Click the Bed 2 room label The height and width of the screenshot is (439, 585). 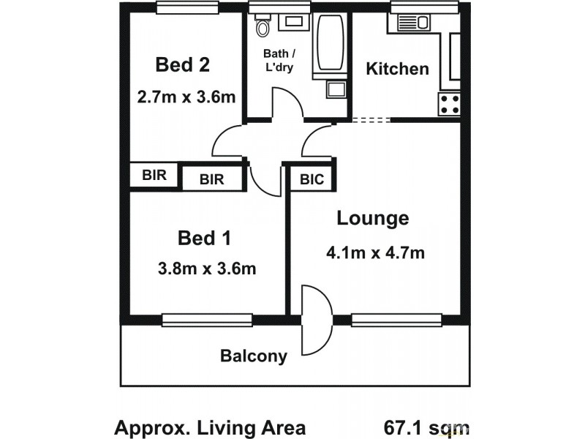pyautogui.click(x=183, y=65)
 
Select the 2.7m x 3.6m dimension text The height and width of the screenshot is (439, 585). pyautogui.click(x=186, y=97)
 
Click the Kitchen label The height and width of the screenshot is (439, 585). pyautogui.click(x=397, y=70)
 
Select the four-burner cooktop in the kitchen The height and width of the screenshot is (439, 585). pyautogui.click(x=448, y=104)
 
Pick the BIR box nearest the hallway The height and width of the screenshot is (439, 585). pyautogui.click(x=212, y=179)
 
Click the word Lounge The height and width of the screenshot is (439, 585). pyautogui.click(x=372, y=218)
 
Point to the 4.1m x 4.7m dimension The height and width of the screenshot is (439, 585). pyautogui.click(x=376, y=254)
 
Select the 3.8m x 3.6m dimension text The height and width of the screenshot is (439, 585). pyautogui.click(x=207, y=269)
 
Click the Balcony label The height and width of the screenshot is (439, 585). pyautogui.click(x=254, y=357)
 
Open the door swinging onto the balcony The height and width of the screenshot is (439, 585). pyautogui.click(x=317, y=319)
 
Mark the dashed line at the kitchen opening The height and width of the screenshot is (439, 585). pyautogui.click(x=371, y=120)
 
